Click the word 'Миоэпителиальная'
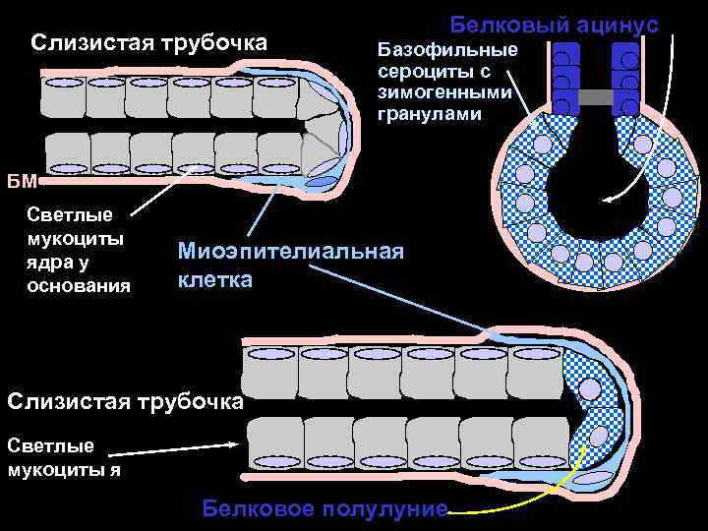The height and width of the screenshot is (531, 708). point(290,252)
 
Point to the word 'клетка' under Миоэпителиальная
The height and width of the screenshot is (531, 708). point(214,279)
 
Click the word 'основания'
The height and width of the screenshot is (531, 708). point(79,286)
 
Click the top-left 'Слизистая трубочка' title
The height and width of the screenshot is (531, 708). point(148,43)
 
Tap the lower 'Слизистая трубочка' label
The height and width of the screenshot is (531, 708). point(124,401)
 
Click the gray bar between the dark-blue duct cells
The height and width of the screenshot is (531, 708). point(596,96)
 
